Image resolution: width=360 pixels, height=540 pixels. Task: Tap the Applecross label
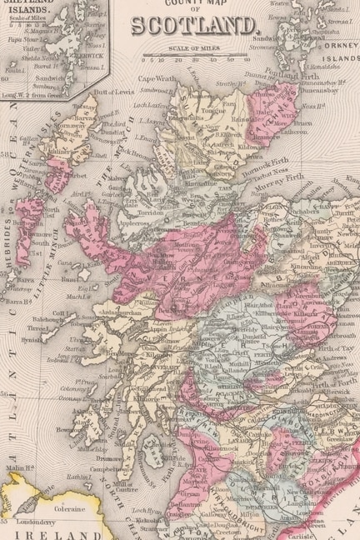[x=133, y=224]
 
